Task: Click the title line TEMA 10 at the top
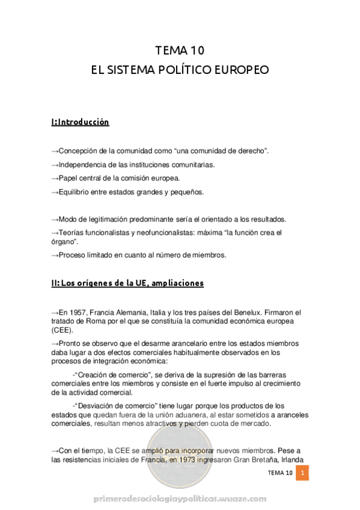(x=180, y=50)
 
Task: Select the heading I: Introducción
(x=81, y=122)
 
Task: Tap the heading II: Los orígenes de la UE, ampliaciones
(x=127, y=283)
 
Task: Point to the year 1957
(x=77, y=313)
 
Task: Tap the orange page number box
(x=304, y=473)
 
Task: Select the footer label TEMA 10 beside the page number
(x=281, y=473)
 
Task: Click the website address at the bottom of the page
(x=180, y=499)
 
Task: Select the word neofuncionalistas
(x=169, y=232)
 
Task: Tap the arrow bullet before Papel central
(x=55, y=179)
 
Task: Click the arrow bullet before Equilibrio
(x=55, y=192)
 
